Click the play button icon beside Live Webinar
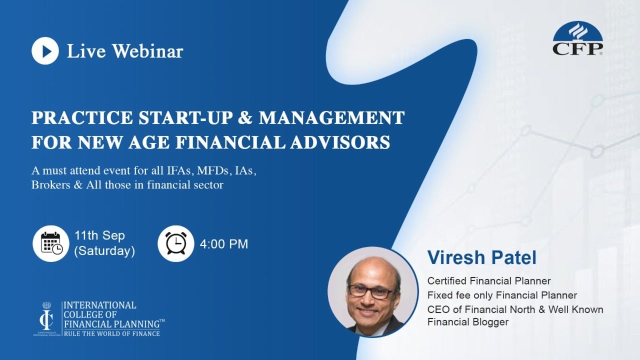coord(45,50)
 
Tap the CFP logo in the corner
coord(577,38)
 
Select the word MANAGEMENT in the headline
coord(331,118)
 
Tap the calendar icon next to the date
coord(50,243)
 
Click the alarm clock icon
coord(175,243)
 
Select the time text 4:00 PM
coord(223,244)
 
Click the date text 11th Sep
coord(99,235)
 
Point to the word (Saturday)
coord(104,251)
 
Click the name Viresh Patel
coord(481,258)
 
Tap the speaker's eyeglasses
coord(371,291)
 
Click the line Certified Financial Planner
coord(488,281)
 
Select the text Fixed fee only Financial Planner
coord(502,295)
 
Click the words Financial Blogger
coord(467,322)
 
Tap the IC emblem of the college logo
coord(47,318)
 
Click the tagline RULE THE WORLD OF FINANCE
coord(111,333)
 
